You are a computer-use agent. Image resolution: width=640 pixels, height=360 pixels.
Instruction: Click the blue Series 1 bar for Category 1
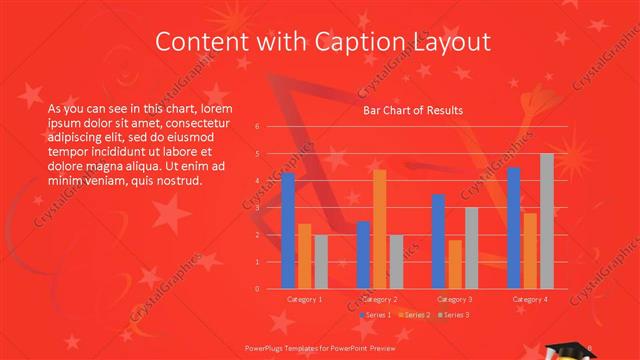coord(288,230)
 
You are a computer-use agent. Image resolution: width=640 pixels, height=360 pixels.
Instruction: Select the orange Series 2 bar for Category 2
coord(380,229)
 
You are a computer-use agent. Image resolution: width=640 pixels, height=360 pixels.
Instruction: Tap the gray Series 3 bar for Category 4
coord(547,221)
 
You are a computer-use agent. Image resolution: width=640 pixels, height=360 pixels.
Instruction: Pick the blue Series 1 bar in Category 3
coord(438,241)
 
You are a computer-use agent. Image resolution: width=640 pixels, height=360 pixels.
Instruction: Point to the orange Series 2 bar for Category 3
coord(455,264)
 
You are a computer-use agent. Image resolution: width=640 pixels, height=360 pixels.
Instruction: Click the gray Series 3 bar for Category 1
coord(321,262)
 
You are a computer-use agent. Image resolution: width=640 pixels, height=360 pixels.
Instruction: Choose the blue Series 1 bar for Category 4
coord(514,228)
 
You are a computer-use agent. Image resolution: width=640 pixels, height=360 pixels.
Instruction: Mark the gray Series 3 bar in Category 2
coord(396,262)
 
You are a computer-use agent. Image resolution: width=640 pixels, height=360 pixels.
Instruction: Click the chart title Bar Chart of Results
coord(412,110)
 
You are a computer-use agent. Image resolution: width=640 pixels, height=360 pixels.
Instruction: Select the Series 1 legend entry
coord(375,315)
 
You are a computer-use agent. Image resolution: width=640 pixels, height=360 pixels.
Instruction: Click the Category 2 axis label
coord(380,299)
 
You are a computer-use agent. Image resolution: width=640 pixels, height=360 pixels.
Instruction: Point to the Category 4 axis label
coord(530,299)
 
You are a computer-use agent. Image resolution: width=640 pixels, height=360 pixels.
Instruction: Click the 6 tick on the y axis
coord(257,127)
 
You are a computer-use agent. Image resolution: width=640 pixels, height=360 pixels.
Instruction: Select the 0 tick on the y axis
coord(257,289)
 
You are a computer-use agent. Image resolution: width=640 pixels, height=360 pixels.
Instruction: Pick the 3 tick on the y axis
coord(257,208)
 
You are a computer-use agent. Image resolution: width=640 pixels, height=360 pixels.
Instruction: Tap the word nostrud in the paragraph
coord(179,180)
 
